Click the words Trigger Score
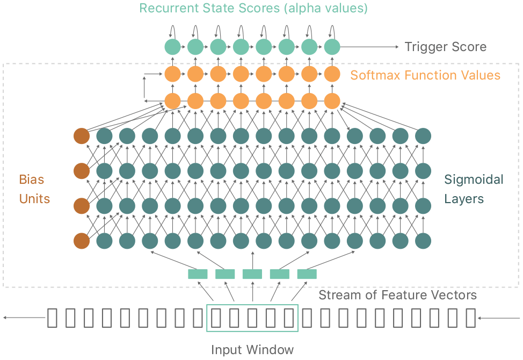(x=445, y=47)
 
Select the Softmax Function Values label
(x=425, y=75)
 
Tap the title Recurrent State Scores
(x=210, y=8)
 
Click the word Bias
(x=31, y=179)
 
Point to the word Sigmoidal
(x=474, y=179)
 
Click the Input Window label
(x=252, y=350)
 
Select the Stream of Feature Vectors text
(x=397, y=295)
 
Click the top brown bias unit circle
(x=82, y=136)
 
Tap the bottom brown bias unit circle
(x=82, y=241)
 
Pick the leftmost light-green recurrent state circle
(x=172, y=47)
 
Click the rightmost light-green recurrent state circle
(x=332, y=47)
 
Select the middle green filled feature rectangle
(x=252, y=274)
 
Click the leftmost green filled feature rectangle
(x=198, y=274)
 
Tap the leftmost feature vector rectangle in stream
(x=52, y=318)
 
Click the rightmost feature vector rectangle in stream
(x=470, y=318)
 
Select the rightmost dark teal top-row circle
(x=423, y=136)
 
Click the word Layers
(x=463, y=199)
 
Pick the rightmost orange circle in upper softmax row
(x=332, y=74)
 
